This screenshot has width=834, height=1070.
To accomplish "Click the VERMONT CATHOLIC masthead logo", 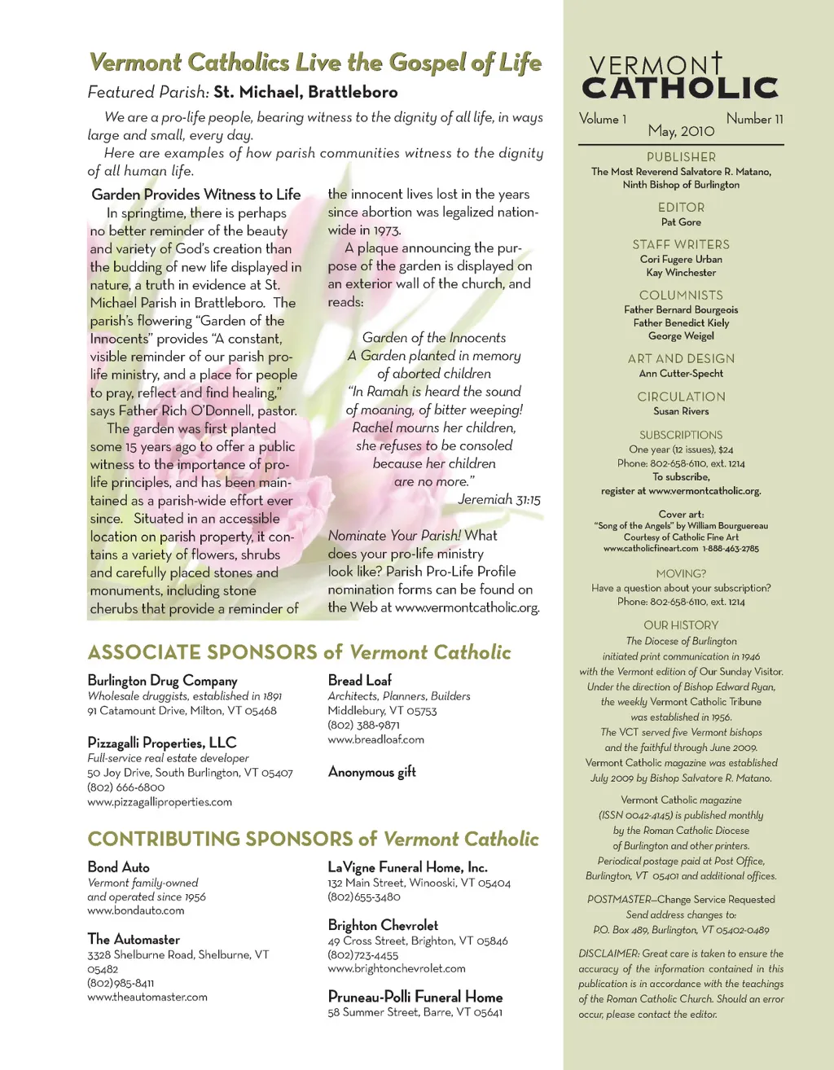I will click(x=680, y=77).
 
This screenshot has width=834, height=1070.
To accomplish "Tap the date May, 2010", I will click(x=681, y=131).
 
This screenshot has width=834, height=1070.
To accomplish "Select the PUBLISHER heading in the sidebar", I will click(x=681, y=157).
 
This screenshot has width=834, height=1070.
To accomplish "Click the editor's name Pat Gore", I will click(x=681, y=222).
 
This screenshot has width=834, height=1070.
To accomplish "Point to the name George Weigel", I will click(x=681, y=336).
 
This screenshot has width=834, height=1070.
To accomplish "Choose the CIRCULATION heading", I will click(x=681, y=397).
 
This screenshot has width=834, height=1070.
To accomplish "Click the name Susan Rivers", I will click(x=681, y=412).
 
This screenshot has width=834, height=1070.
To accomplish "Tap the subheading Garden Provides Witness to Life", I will click(x=196, y=195).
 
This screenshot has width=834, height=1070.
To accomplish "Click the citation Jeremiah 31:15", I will click(x=498, y=500).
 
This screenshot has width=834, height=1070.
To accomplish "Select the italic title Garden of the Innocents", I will click(x=434, y=338).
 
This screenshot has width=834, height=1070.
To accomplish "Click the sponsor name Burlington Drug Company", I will click(x=163, y=681).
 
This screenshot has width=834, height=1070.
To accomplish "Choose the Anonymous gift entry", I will click(x=371, y=772).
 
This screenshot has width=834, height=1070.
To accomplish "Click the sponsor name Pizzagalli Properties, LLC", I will click(x=162, y=743).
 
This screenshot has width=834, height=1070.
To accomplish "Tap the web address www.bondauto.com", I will click(x=136, y=911).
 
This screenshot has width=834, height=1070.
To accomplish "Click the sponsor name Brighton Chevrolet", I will click(x=383, y=925).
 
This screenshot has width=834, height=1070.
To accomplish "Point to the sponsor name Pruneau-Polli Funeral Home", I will click(x=415, y=997).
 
